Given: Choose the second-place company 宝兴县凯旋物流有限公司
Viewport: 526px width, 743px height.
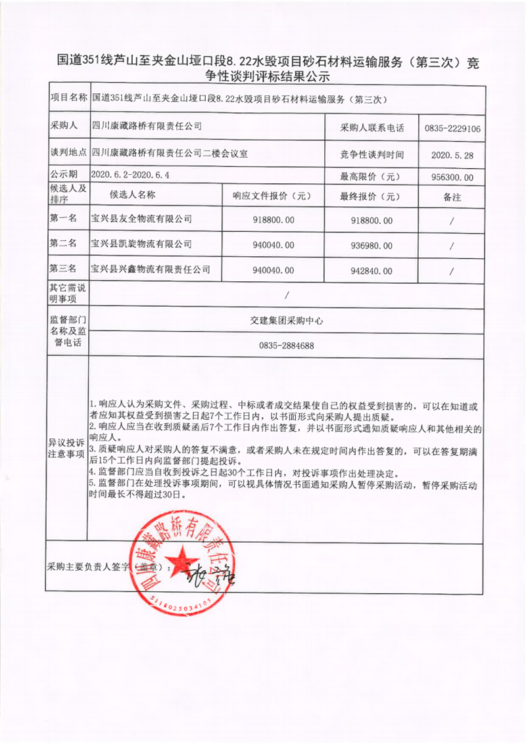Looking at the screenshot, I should [141, 244].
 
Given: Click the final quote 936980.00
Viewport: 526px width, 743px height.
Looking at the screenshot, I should [368, 246].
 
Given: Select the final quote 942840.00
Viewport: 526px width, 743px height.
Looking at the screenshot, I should [368, 271].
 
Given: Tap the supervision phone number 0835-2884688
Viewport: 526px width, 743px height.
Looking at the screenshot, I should [286, 346].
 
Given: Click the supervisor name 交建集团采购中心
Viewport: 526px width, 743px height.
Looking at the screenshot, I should [286, 321].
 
